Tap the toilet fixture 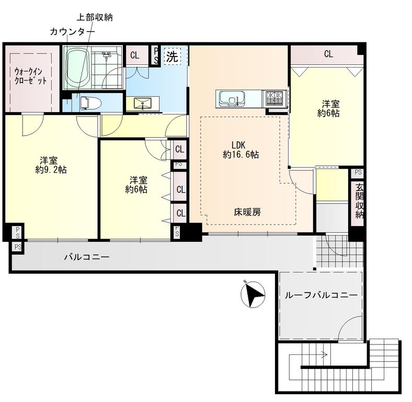pyautogui.click(x=90, y=103)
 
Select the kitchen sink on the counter pyautogui.click(x=231, y=98)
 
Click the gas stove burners pyautogui.click(x=276, y=98)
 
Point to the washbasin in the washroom pyautogui.click(x=142, y=103)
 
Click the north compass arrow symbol pyautogui.click(x=253, y=294)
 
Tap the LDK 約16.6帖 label pyautogui.click(x=241, y=150)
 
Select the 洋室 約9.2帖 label pyautogui.click(x=51, y=165)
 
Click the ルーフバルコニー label pyautogui.click(x=321, y=295)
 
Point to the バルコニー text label pyautogui.click(x=87, y=257)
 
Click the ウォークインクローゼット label pyautogui.click(x=30, y=76)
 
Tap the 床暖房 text pyautogui.click(x=247, y=212)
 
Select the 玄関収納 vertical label pyautogui.click(x=359, y=201)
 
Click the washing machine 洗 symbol pyautogui.click(x=173, y=56)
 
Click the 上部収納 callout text pyautogui.click(x=95, y=17)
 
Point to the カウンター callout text pyautogui.click(x=72, y=32)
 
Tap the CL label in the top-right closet pyautogui.click(x=328, y=54)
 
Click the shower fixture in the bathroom pyautogui.click(x=107, y=56)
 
